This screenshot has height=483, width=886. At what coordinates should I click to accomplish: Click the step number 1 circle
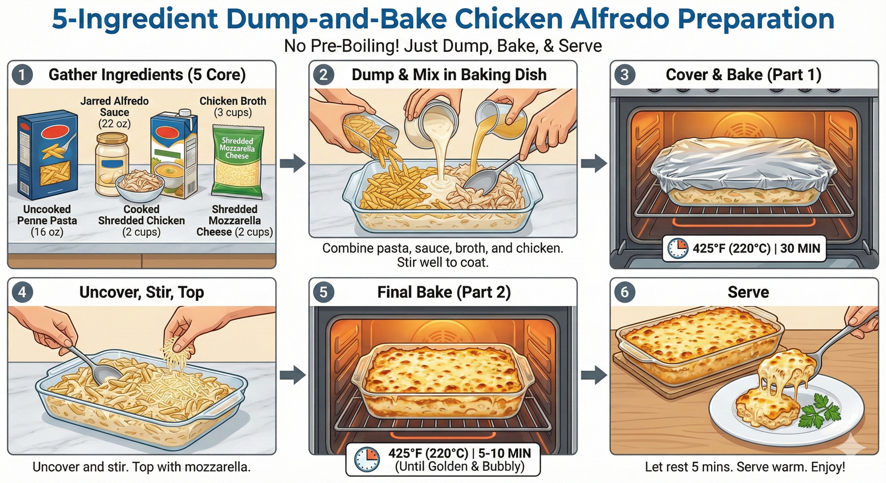(22, 75)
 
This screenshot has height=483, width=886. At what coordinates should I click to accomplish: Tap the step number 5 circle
(323, 293)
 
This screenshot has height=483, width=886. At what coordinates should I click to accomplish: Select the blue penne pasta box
(47, 154)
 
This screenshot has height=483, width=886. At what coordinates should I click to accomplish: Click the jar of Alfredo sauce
(111, 164)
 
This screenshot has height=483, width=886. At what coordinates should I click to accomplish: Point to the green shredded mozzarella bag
(238, 161)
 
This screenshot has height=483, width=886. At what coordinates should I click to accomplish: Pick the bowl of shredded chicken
(140, 185)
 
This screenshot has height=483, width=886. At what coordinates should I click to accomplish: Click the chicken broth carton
(174, 154)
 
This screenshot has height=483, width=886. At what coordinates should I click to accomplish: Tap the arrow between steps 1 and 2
(293, 163)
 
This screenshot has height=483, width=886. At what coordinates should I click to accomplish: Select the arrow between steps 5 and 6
(594, 375)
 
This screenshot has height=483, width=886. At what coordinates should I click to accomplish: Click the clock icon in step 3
(678, 248)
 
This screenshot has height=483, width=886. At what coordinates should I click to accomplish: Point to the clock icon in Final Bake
(367, 460)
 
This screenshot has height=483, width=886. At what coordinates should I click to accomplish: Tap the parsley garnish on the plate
(819, 411)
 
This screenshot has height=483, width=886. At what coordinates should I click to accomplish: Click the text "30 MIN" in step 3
(801, 248)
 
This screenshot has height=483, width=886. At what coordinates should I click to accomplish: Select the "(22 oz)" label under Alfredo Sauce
(114, 124)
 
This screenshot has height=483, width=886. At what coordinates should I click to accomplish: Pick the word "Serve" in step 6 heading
(748, 293)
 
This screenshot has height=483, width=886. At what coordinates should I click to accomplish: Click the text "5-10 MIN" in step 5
(504, 453)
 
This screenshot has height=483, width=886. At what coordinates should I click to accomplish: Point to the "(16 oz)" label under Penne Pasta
(47, 232)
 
